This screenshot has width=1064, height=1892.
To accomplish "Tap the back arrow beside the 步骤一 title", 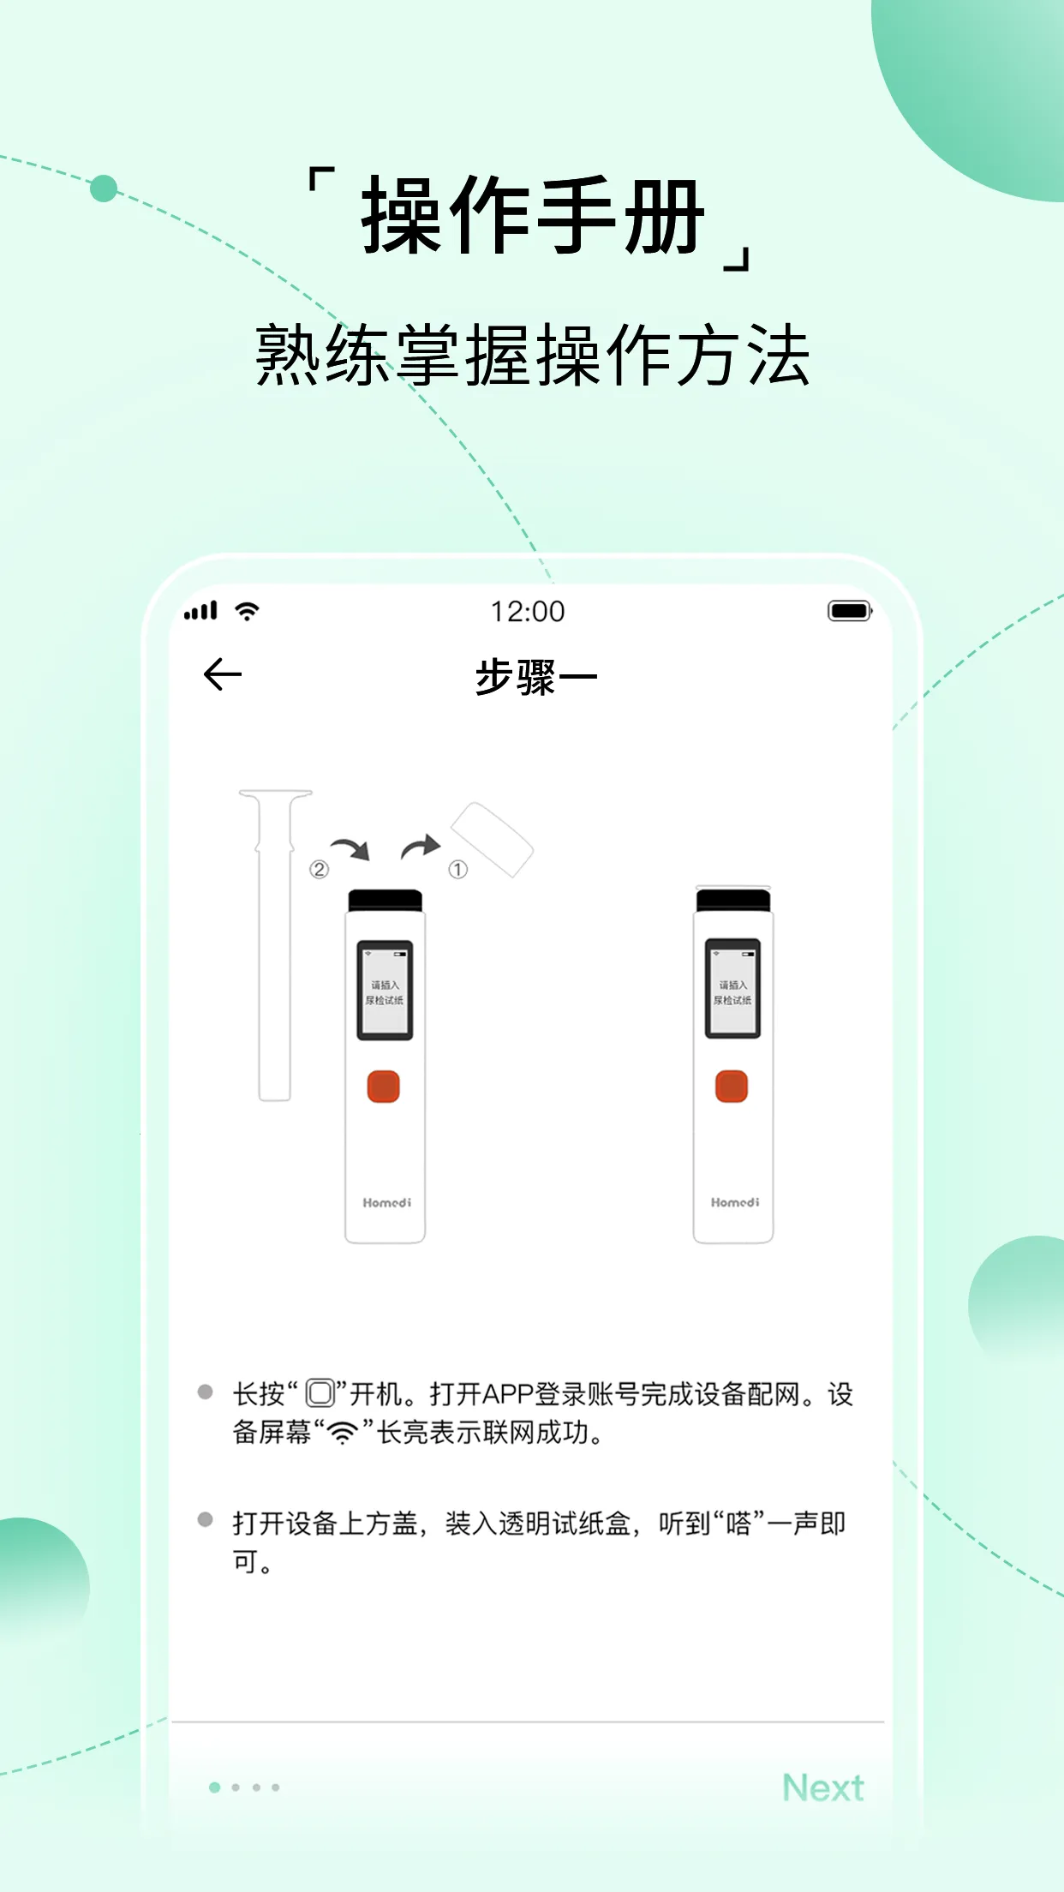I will pyautogui.click(x=223, y=675).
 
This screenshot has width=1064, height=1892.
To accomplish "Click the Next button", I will pyautogui.click(x=822, y=1787).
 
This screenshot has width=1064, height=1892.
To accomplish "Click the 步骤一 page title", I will pyautogui.click(x=535, y=677).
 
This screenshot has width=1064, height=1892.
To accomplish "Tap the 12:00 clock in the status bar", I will pyautogui.click(x=528, y=612).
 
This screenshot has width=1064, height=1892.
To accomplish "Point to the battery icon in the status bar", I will pyautogui.click(x=849, y=611).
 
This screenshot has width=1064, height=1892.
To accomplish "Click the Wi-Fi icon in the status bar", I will pyautogui.click(x=248, y=611).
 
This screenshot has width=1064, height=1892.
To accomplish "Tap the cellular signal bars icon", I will pyautogui.click(x=201, y=611).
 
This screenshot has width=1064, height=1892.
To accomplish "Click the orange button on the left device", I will pyautogui.click(x=384, y=1087).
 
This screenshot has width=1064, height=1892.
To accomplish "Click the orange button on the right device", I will pyautogui.click(x=732, y=1087).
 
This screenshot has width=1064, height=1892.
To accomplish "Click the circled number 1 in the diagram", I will pyautogui.click(x=458, y=870).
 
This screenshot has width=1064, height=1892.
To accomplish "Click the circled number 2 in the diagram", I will pyautogui.click(x=319, y=870).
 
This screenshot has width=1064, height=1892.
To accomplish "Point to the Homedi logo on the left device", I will pyautogui.click(x=386, y=1203).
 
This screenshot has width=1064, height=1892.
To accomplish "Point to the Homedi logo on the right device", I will pyautogui.click(x=734, y=1203).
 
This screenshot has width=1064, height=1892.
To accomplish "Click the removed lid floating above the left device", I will pyautogui.click(x=492, y=840).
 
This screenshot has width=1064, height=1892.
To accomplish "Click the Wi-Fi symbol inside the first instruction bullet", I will pyautogui.click(x=343, y=1433).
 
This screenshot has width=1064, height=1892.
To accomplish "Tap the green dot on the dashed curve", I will pyautogui.click(x=104, y=189).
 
